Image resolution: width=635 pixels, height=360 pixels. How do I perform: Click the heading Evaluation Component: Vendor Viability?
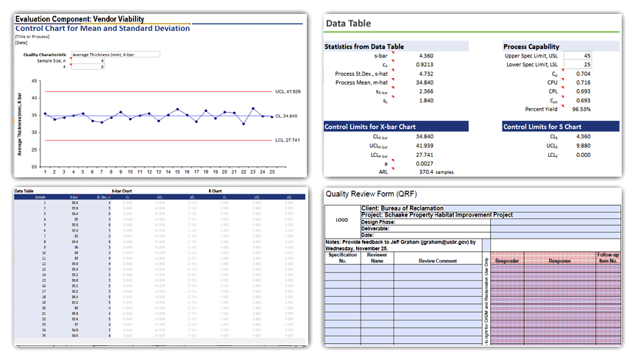(79, 18)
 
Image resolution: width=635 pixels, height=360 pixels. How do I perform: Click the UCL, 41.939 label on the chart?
(288, 91)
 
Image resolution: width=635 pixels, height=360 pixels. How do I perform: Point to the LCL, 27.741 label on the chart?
(287, 139)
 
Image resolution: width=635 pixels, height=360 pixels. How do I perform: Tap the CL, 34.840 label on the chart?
(285, 116)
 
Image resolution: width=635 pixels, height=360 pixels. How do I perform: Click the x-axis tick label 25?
(272, 172)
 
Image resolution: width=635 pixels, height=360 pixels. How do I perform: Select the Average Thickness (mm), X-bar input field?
(115, 54)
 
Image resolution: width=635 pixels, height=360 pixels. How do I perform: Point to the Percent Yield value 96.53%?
(581, 109)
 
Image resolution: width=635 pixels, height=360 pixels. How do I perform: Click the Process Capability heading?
(531, 46)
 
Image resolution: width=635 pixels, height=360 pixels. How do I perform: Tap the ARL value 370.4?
(424, 172)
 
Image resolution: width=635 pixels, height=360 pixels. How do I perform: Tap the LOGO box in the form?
(341, 219)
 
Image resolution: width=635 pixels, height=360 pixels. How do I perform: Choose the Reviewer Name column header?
(377, 258)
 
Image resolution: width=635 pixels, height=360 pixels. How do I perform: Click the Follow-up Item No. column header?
(608, 258)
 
